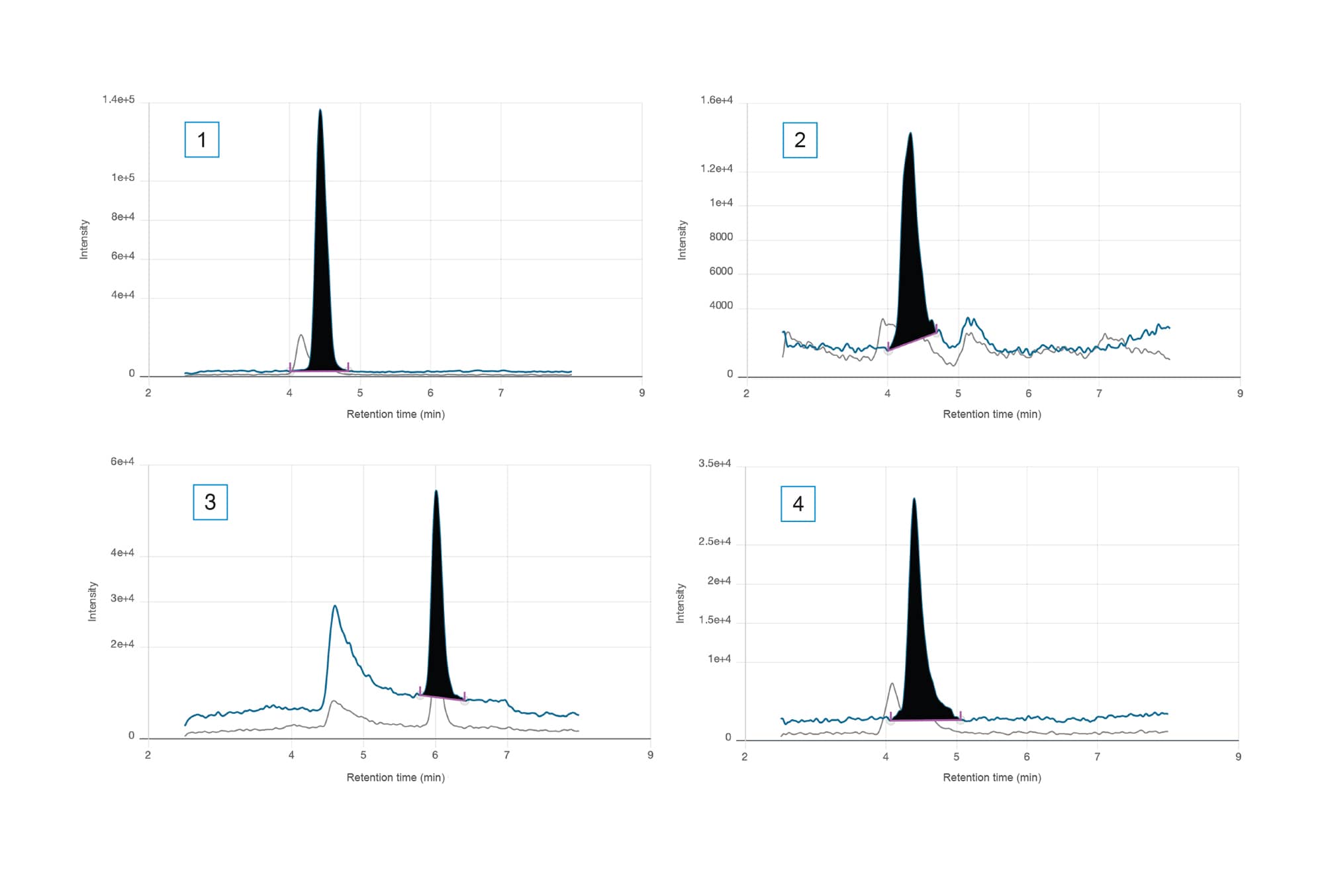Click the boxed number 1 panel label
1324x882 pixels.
pyautogui.click(x=201, y=140)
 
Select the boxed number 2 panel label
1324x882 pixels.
pyautogui.click(x=800, y=140)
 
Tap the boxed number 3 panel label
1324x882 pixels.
pyautogui.click(x=210, y=502)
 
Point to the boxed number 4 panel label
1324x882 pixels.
pyautogui.click(x=798, y=504)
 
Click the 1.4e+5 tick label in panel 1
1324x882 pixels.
pyautogui.click(x=118, y=100)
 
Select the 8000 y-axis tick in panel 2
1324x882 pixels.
pyautogui.click(x=721, y=237)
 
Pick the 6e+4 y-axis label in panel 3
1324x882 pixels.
pyautogui.click(x=122, y=462)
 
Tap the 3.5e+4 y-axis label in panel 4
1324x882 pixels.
pyautogui.click(x=715, y=463)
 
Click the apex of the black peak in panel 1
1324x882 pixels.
pyautogui.click(x=320, y=110)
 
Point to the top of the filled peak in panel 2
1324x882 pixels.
pyautogui.click(x=910, y=134)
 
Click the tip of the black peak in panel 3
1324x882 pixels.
pyautogui.click(x=436, y=492)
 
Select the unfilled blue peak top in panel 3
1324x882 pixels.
pyautogui.click(x=335, y=606)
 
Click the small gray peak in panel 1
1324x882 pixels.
pyautogui.click(x=301, y=336)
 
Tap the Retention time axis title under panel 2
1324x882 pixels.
pyautogui.click(x=992, y=414)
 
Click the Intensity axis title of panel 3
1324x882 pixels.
pyautogui.click(x=93, y=601)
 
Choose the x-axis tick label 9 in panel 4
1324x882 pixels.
pyautogui.click(x=1238, y=756)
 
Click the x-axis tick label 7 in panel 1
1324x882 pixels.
pyautogui.click(x=501, y=393)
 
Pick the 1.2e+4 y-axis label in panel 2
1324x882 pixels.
pyautogui.click(x=716, y=169)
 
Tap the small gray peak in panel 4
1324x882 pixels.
pyautogui.click(x=892, y=685)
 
